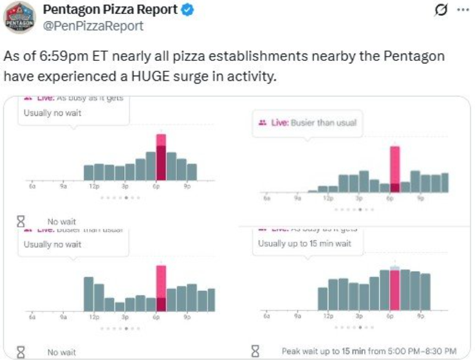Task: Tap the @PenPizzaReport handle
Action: (93, 26)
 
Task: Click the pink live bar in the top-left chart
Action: (161, 157)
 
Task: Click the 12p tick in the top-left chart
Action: (94, 187)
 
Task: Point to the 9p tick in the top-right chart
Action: (421, 199)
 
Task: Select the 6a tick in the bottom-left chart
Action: (32, 318)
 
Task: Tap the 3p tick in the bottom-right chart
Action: (359, 317)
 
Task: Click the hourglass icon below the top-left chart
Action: (21, 221)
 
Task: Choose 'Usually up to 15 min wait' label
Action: (304, 244)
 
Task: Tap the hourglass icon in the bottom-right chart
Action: (255, 351)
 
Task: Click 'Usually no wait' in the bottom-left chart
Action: (52, 244)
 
